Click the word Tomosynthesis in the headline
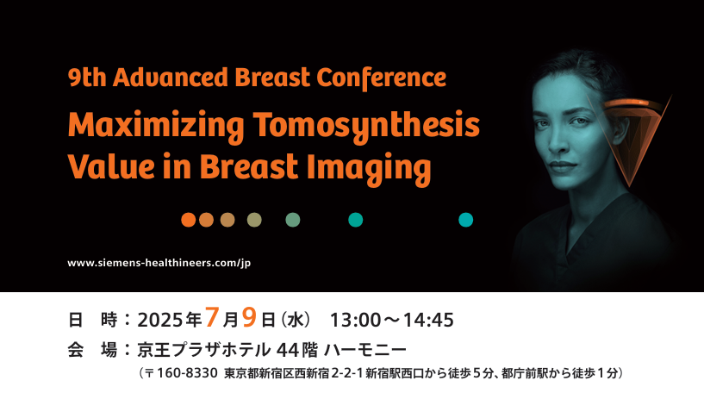click(x=366, y=127)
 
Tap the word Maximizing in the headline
click(x=156, y=127)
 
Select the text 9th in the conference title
click(x=87, y=78)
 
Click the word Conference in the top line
click(x=381, y=78)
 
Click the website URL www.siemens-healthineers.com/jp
click(x=159, y=263)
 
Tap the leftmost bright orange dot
click(x=188, y=220)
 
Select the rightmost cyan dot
click(x=465, y=220)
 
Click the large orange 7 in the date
click(x=212, y=316)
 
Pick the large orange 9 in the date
click(x=249, y=316)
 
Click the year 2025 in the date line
click(x=160, y=321)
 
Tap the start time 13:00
click(x=355, y=321)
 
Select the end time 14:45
click(x=429, y=321)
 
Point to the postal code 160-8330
click(x=188, y=373)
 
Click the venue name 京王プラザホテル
click(x=204, y=349)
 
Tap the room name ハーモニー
click(x=365, y=349)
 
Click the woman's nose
click(x=558, y=141)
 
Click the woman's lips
click(x=563, y=167)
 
